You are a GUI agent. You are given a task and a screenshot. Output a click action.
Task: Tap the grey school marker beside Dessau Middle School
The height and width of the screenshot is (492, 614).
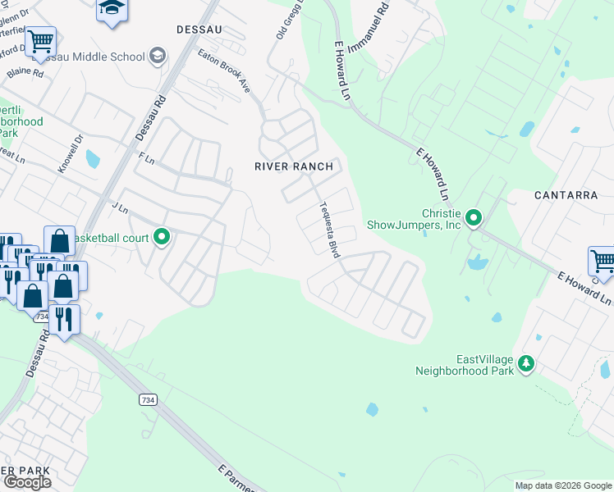[158, 57]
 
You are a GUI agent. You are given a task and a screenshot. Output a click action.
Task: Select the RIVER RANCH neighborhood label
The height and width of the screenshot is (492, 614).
[294, 166]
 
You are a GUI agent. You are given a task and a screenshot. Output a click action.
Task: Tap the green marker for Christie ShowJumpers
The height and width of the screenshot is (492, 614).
[474, 218]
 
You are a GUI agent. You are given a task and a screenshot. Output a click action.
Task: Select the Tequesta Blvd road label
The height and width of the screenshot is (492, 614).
[328, 230]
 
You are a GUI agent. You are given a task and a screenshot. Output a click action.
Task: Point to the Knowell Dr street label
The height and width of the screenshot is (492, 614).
[71, 153]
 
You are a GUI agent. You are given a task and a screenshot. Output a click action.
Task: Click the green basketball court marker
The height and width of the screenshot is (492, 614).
[162, 238]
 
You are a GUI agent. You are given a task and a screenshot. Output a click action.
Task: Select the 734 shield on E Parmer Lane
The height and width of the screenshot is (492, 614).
[144, 399]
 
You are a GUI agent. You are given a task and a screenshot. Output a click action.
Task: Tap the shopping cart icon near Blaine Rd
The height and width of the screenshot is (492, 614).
[39, 41]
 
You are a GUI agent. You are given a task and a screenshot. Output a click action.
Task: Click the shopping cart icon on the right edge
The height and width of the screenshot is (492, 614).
[603, 262]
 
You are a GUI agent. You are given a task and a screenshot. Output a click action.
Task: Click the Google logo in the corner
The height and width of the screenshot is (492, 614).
[27, 482]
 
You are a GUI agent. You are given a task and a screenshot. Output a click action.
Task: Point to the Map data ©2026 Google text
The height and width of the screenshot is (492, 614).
[562, 485]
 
